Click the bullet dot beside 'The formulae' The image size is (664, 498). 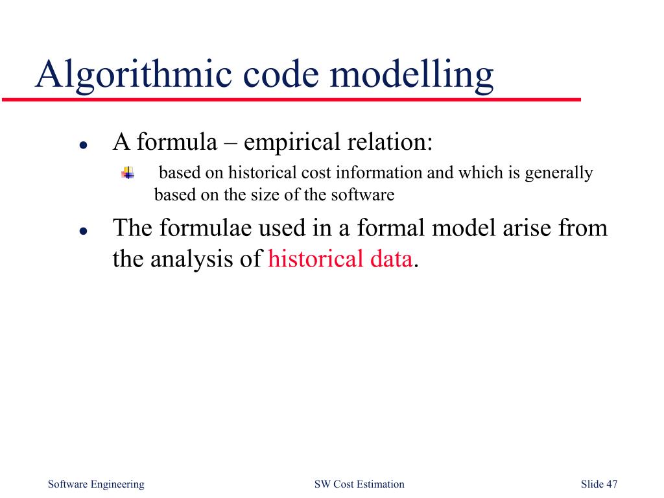pos(83,231)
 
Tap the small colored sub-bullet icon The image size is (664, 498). pos(127,173)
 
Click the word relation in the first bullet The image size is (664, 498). pos(390,141)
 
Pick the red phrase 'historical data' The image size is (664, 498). pos(340,259)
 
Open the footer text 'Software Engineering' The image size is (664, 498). pos(96,484)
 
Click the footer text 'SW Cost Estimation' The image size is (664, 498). pos(359,484)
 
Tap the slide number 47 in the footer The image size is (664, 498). pos(611,484)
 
